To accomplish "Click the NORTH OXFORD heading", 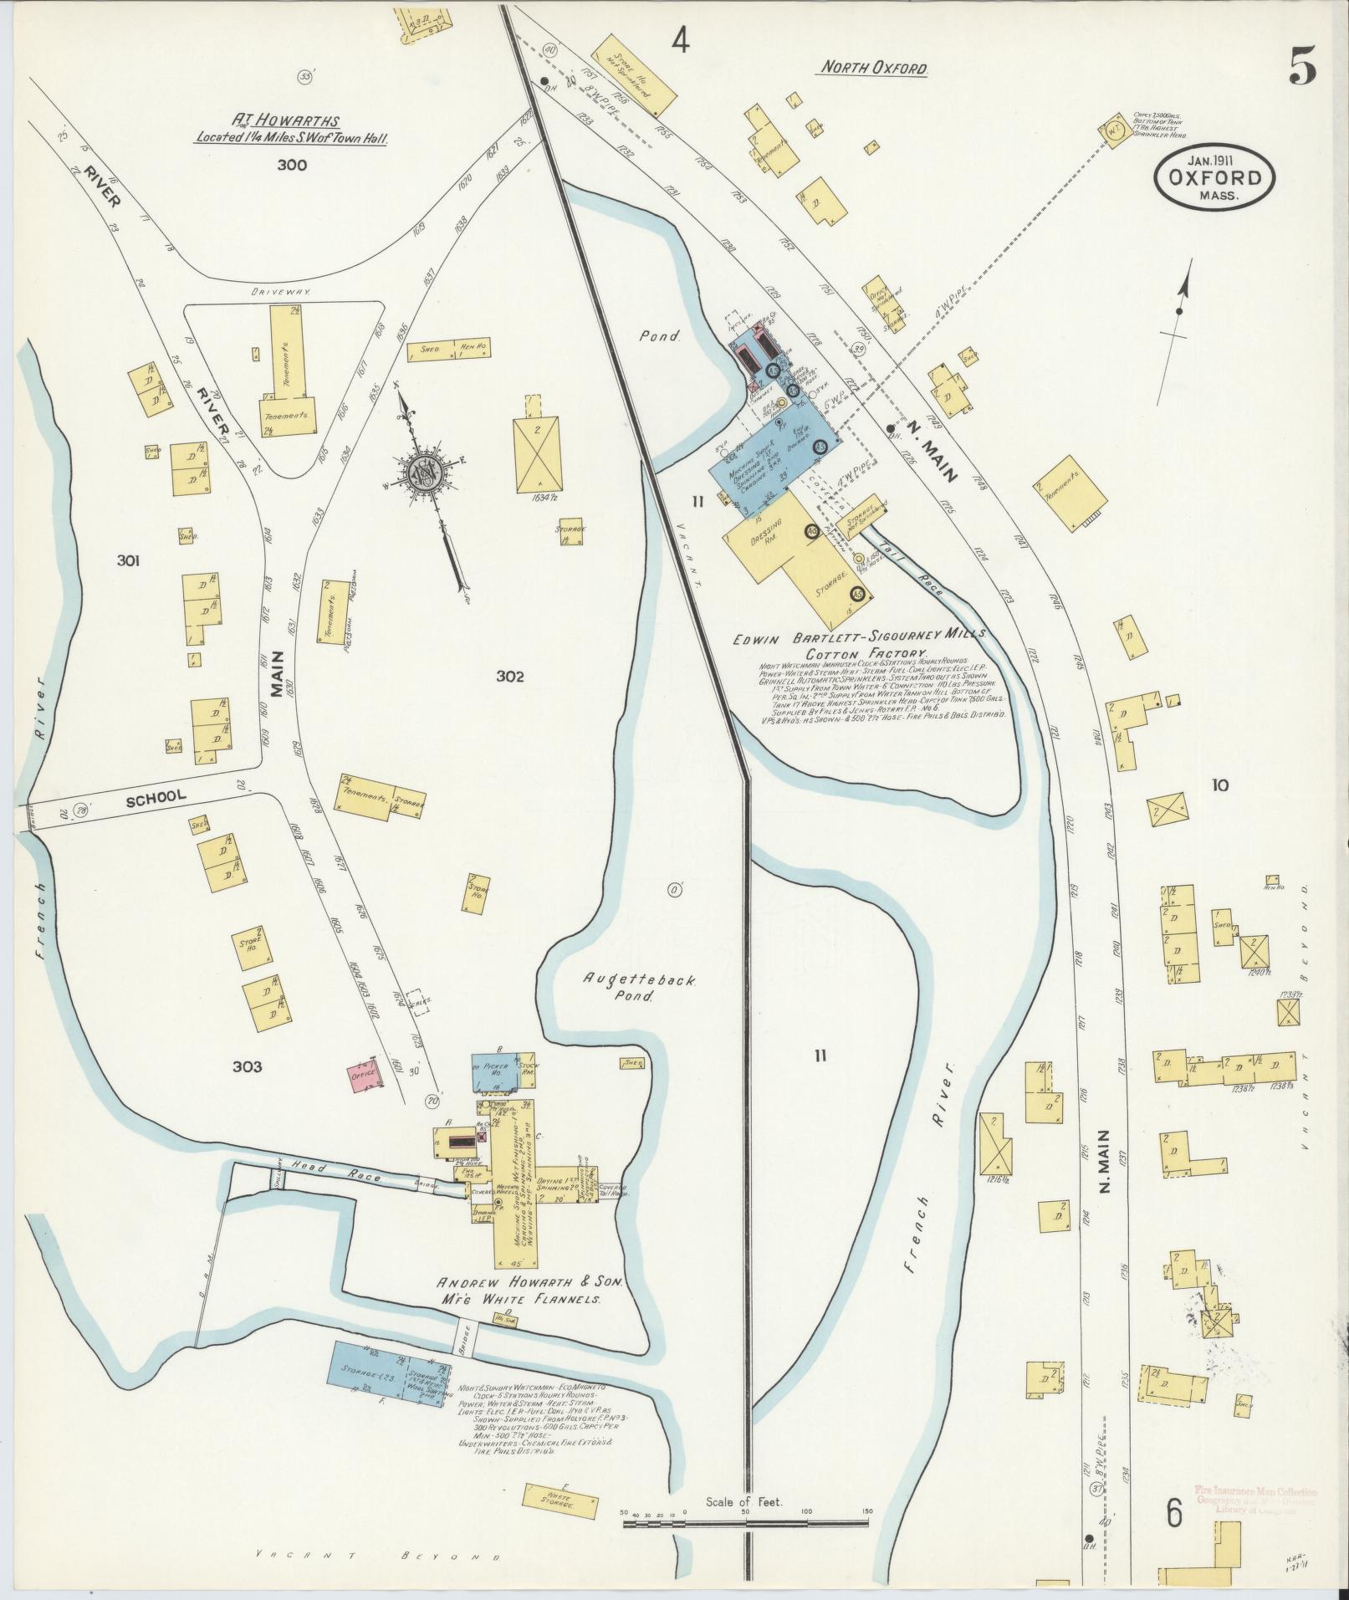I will pos(873,69).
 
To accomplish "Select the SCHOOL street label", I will pos(156,797).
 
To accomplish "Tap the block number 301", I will pos(128,560).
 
